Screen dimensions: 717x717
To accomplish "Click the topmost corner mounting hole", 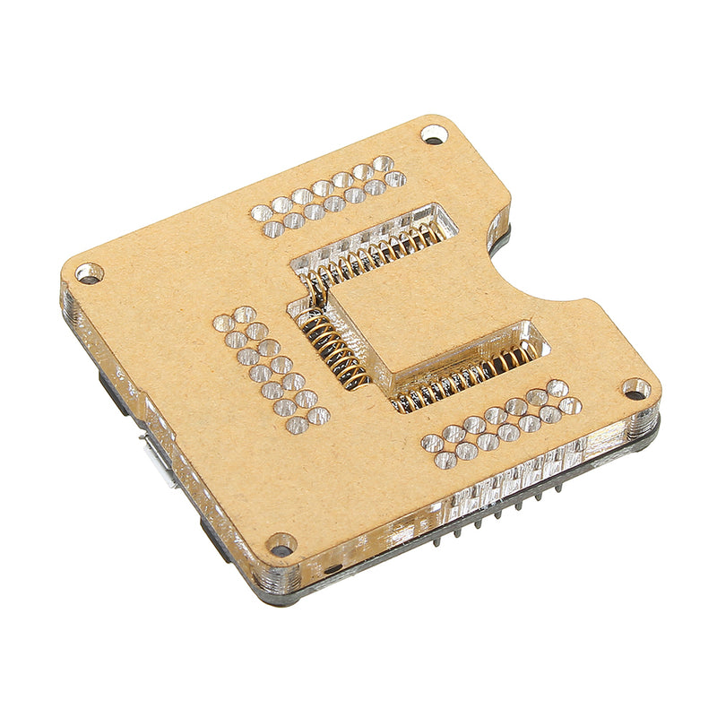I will (434, 134).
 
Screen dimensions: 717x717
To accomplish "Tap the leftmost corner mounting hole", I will (89, 272).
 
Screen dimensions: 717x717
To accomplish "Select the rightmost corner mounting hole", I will (635, 390).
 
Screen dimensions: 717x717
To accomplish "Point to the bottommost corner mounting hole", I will (281, 544).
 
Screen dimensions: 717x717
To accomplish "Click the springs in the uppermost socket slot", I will (376, 255).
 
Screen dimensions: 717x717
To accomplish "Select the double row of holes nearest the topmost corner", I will (328, 196).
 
